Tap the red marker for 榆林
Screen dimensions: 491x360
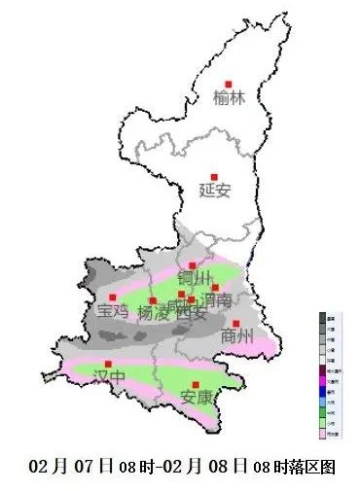pyautogui.click(x=229, y=84)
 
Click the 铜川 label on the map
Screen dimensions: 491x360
pyautogui.click(x=194, y=279)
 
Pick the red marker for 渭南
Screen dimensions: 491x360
pyautogui.click(x=215, y=289)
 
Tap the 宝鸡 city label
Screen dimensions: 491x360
pyautogui.click(x=113, y=312)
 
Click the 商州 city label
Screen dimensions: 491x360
pyautogui.click(x=237, y=336)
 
